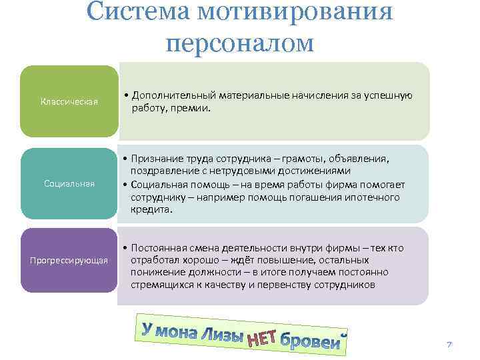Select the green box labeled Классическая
pos(69,101)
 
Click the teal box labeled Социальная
pos(69,183)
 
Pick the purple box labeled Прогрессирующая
pos(69,259)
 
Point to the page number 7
pos(449,345)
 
